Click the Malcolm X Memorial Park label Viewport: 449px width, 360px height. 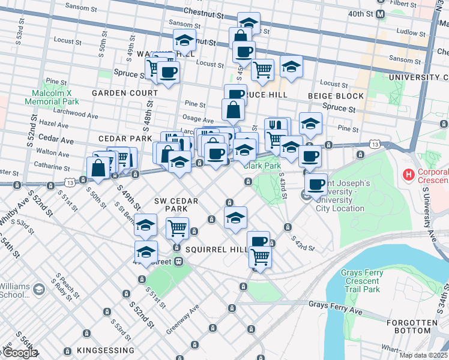[x=52, y=97]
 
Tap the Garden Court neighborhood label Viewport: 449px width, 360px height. [x=125, y=93]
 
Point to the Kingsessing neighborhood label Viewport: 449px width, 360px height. [x=106, y=350]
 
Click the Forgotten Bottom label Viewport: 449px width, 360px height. [x=421, y=326]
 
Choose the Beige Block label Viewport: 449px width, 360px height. [x=336, y=96]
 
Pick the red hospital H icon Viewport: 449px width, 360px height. [x=409, y=175]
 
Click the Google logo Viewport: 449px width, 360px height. [x=19, y=353]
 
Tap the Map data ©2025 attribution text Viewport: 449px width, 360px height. [x=423, y=355]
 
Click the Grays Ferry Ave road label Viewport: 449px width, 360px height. [x=336, y=307]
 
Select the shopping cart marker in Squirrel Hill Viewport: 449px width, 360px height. [x=261, y=257]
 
